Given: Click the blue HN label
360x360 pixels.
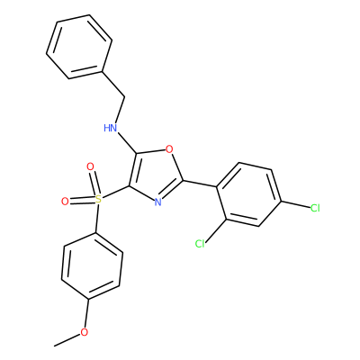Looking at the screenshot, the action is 111,128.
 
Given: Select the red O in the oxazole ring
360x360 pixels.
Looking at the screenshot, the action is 169,148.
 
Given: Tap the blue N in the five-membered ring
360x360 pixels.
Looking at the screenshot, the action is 158,202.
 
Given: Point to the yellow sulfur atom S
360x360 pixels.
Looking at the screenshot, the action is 98,198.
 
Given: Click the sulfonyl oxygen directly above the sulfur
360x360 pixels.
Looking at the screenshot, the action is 90,166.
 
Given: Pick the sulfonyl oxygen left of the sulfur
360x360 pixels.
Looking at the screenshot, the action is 65,202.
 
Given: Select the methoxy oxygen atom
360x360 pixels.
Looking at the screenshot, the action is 85,332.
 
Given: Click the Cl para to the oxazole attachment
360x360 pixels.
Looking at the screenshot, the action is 315,208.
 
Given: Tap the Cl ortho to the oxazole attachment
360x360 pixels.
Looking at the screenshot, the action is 200,244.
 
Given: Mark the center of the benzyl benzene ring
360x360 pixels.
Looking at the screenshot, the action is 79,47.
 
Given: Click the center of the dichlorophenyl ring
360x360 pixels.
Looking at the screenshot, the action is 248,194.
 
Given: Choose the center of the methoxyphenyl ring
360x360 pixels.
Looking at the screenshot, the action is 92,265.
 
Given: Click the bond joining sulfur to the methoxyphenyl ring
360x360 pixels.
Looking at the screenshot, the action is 96,218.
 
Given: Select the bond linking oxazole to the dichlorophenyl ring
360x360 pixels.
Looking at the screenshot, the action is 200,184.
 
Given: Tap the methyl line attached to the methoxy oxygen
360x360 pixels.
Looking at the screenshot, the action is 67,340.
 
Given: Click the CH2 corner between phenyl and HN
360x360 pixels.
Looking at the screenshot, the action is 124,97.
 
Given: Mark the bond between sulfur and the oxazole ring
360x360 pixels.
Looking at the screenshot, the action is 115,192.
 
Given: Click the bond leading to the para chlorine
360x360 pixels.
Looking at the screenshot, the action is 295,204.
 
